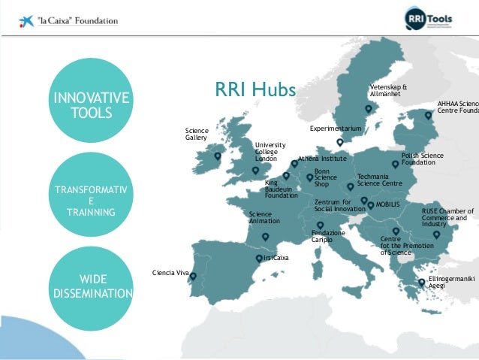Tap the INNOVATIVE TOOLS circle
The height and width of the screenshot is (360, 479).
91,105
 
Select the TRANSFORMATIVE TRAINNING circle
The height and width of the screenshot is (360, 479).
91,195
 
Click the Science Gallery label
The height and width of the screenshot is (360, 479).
196,134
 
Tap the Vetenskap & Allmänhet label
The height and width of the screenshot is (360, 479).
388,90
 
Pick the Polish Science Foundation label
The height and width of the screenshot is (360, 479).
422,159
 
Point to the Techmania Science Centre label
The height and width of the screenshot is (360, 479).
379,180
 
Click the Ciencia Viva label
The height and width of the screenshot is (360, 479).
170,272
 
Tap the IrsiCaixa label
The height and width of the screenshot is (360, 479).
276,257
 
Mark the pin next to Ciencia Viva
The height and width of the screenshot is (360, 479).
193,277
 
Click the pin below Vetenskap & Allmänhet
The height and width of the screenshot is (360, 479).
368,110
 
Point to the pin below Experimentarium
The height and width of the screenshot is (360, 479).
339,142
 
